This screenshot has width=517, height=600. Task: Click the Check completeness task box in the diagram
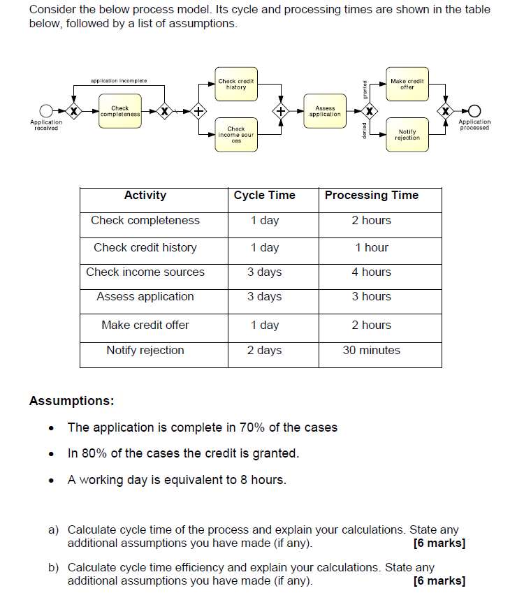(120, 111)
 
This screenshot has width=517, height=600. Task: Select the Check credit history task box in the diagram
(236, 85)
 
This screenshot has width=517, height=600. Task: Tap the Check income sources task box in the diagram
(236, 134)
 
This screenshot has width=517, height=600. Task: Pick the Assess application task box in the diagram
(325, 111)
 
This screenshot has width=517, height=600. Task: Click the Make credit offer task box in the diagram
(407, 85)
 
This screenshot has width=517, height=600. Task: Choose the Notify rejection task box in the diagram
(407, 135)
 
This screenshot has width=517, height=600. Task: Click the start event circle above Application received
(46, 111)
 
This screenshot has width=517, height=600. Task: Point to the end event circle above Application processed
(475, 111)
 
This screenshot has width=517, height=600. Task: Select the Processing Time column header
(372, 196)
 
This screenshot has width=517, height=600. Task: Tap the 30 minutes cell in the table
(372, 351)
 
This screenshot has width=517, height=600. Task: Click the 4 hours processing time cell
(372, 272)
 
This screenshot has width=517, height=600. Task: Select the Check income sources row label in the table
(145, 272)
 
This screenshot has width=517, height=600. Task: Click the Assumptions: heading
(71, 401)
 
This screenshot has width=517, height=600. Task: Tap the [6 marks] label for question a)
(439, 543)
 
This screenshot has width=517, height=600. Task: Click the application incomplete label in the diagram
(119, 81)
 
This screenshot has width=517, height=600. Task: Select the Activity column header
(145, 196)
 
